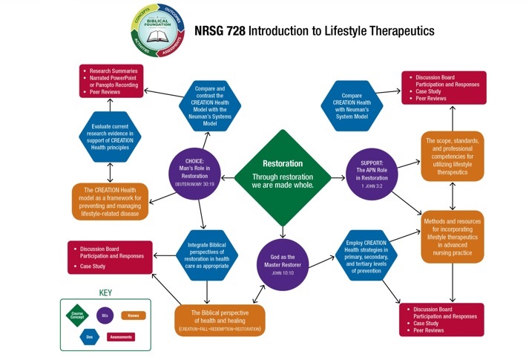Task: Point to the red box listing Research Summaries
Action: tap(111, 81)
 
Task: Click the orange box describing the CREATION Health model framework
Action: tap(110, 201)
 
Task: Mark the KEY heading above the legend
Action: tap(105, 292)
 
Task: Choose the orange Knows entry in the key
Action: tap(134, 315)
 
